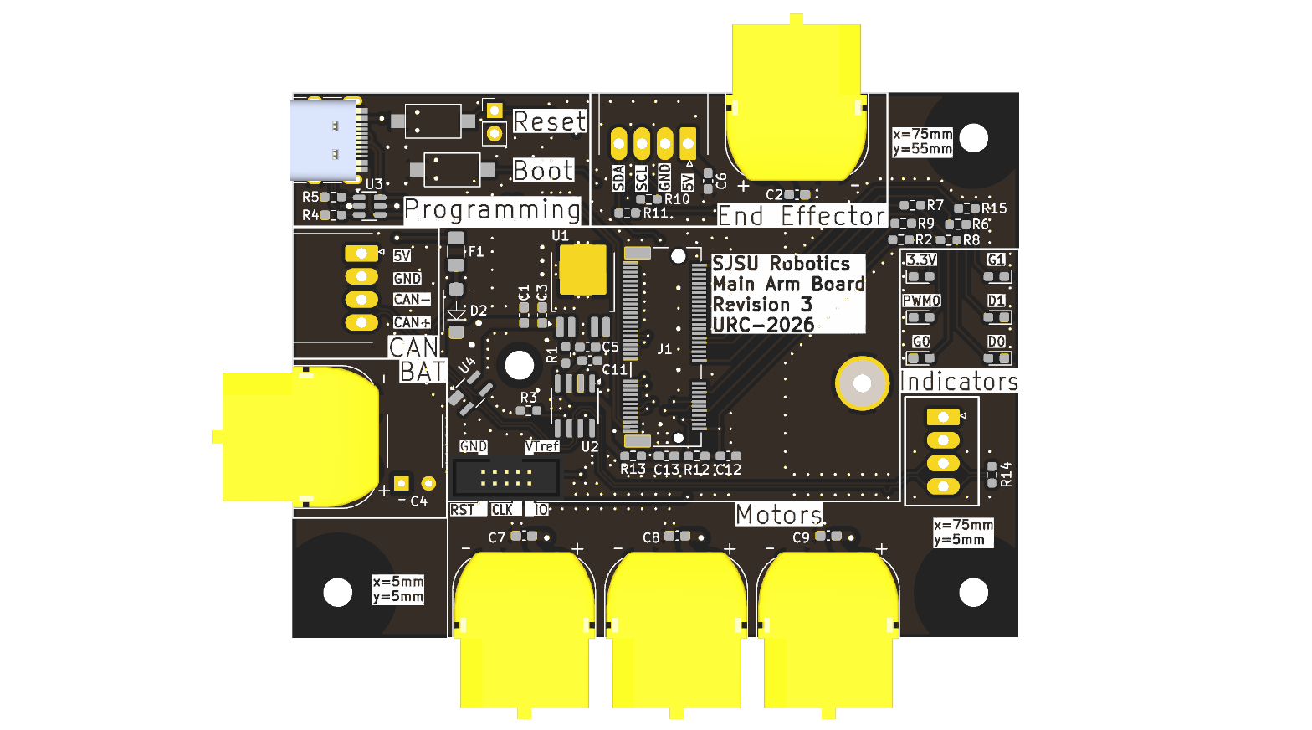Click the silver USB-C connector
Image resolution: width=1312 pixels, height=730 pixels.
[323, 140]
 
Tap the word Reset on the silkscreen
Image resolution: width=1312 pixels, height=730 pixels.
[549, 121]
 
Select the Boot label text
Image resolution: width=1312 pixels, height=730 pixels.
[543, 171]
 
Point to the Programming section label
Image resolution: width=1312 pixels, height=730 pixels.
[492, 209]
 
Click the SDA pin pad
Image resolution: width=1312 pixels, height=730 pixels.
[618, 143]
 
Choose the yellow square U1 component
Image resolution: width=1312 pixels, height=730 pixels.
[582, 270]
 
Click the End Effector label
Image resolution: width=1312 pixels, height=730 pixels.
[802, 216]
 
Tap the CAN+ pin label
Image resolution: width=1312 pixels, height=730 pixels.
[412, 322]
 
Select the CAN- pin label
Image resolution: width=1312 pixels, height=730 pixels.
[412, 299]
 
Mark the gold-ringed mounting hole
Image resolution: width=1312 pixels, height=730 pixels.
[862, 383]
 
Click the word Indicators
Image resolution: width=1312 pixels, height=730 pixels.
[959, 382]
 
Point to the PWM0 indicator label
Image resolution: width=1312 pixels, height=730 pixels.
[921, 301]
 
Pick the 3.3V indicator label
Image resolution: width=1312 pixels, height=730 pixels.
[921, 260]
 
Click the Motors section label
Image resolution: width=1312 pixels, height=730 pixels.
[779, 514]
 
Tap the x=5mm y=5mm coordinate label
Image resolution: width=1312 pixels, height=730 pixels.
[398, 589]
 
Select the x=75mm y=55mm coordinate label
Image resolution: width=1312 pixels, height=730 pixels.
[922, 141]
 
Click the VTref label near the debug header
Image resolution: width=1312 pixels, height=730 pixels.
[541, 446]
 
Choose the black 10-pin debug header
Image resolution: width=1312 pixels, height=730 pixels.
[506, 478]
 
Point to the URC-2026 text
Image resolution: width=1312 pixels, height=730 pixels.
[762, 325]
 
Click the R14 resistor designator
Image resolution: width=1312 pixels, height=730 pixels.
[1006, 474]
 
